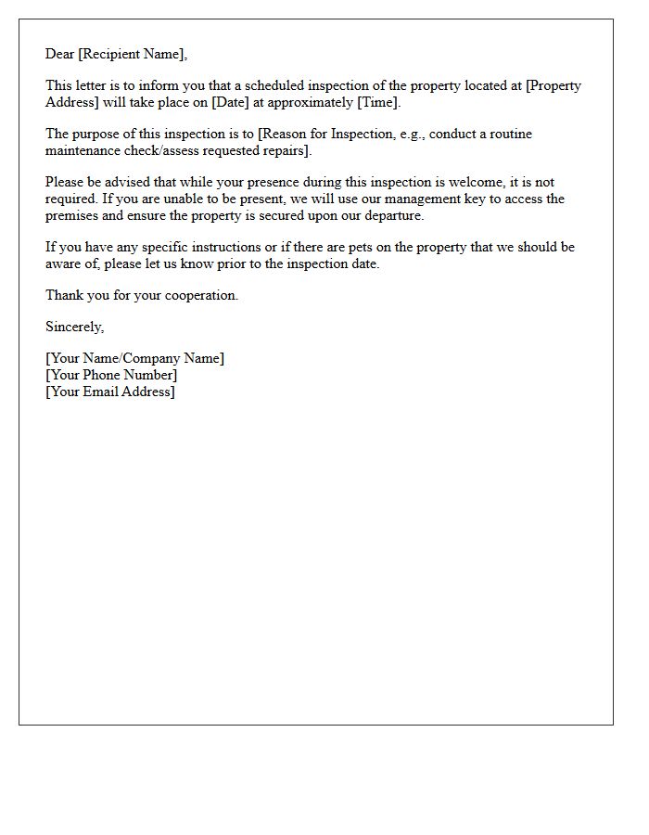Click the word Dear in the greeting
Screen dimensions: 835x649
coord(60,54)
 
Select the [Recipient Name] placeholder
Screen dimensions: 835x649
coord(133,54)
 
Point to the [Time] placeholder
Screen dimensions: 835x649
coord(378,102)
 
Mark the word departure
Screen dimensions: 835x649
coord(390,215)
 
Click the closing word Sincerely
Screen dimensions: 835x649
coord(74,327)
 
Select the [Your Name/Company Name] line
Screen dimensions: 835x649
coord(134,358)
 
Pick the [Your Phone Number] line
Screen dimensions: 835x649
coord(111,375)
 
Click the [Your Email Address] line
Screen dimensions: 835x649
coord(110,392)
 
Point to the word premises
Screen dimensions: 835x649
coord(75,215)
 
